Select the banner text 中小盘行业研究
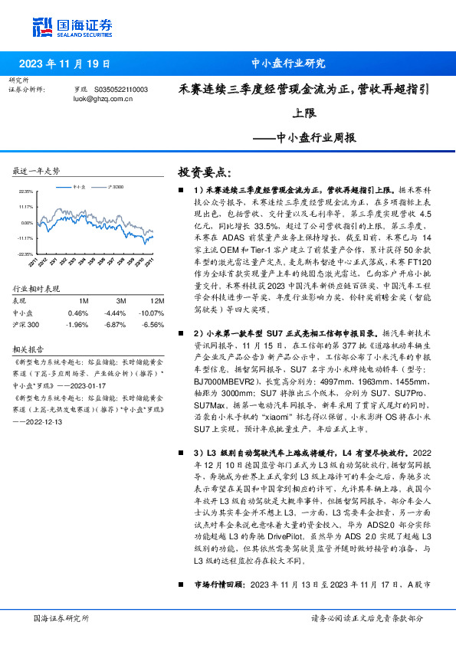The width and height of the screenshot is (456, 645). click(288, 64)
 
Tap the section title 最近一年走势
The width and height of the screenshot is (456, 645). click(37, 169)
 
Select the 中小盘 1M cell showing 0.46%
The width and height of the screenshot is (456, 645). click(78, 313)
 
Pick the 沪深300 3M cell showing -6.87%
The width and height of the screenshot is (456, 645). click(115, 324)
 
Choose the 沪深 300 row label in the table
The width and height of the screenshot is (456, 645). click(28, 324)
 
